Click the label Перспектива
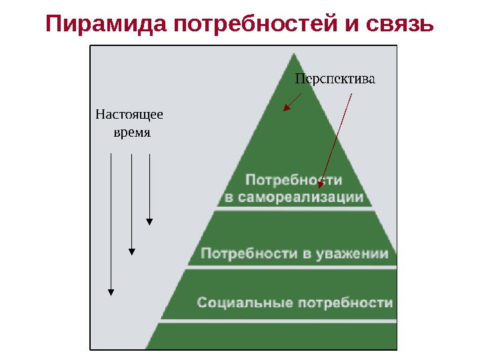(x=335, y=79)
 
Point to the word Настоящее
(x=129, y=114)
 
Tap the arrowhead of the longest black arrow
(x=111, y=291)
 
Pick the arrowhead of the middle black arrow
(x=132, y=251)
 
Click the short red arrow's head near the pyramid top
(x=285, y=107)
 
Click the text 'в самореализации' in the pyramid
(x=294, y=197)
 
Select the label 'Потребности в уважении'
(x=294, y=253)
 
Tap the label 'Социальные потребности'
(x=295, y=303)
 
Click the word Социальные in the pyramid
(x=241, y=303)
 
